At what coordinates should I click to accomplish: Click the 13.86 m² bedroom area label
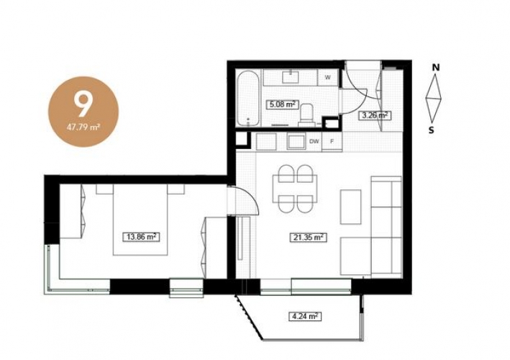141,237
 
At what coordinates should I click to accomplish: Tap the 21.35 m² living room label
308,238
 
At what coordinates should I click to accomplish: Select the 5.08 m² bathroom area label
282,104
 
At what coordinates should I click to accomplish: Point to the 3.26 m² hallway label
374,115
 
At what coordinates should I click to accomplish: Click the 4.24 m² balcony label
305,316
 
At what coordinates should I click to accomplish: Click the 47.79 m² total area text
83,127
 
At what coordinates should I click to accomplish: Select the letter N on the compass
436,68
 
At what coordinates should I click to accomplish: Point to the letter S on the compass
432,130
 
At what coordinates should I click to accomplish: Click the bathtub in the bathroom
248,99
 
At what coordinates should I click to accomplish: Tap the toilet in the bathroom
306,114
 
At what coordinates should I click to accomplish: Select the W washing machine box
328,78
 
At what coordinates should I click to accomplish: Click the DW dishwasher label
314,141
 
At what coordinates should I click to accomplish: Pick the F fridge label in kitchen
332,141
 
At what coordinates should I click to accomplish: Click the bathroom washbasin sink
291,77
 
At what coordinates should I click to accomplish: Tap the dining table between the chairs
296,189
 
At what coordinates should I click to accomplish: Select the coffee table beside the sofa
350,207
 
